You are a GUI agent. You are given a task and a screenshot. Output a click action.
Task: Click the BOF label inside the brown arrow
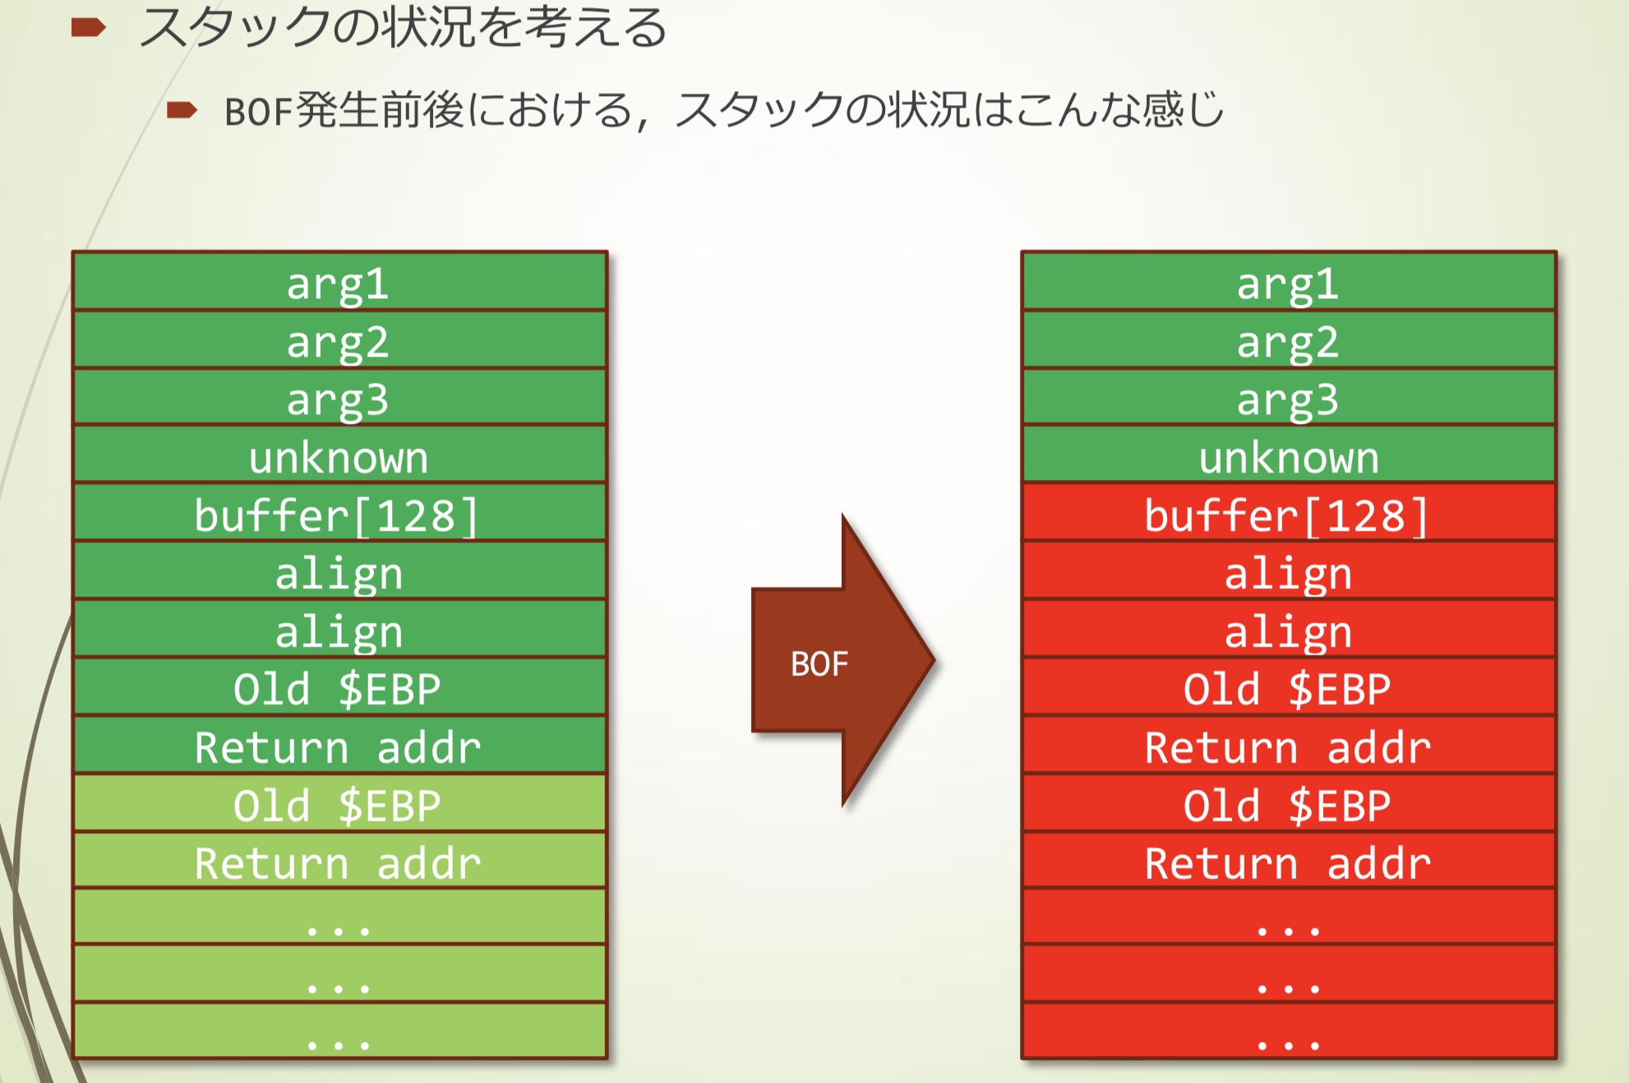(x=819, y=664)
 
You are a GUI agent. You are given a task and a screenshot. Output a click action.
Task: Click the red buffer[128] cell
(x=1288, y=515)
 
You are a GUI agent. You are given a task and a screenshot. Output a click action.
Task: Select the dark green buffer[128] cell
(x=339, y=515)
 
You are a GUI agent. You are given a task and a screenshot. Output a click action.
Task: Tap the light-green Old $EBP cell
(x=339, y=804)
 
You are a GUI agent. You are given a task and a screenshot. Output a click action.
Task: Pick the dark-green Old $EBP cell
(x=339, y=689)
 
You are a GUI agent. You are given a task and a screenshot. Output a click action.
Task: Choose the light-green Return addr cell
(x=339, y=863)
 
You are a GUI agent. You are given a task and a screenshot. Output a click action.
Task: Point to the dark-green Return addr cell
(x=339, y=747)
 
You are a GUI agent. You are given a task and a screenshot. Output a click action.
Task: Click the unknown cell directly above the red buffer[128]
(x=1288, y=457)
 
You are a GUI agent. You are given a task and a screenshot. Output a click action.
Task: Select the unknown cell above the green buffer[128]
(x=339, y=457)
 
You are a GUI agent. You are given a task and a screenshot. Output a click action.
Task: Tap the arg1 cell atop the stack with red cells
(x=1288, y=283)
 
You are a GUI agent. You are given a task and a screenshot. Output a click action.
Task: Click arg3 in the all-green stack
(x=339, y=399)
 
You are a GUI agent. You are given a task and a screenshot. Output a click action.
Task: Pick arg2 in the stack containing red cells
(x=1288, y=342)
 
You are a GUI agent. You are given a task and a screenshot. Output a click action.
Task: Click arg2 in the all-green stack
(x=339, y=342)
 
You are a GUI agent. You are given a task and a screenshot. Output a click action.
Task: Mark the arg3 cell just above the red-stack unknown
(x=1288, y=399)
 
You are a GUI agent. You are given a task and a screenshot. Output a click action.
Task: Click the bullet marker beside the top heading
(x=88, y=29)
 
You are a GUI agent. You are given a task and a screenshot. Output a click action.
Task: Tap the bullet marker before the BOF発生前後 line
(x=181, y=110)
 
